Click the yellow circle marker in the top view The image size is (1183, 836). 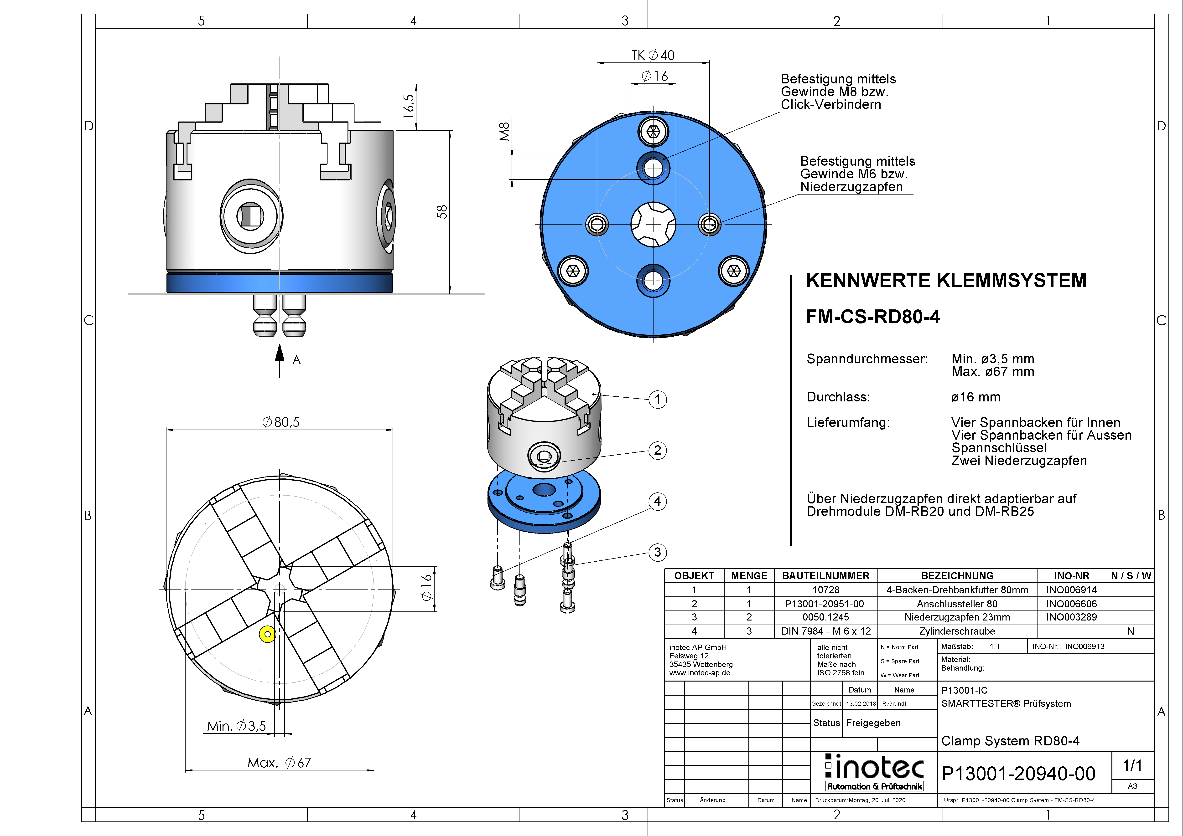click(267, 634)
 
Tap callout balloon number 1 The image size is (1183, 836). click(658, 399)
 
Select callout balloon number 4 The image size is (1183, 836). click(658, 501)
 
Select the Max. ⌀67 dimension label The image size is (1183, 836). click(279, 763)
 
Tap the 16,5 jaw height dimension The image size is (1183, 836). click(409, 106)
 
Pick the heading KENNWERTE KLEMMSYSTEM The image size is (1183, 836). click(946, 281)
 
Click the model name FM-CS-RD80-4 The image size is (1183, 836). click(873, 317)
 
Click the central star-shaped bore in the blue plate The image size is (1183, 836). click(653, 225)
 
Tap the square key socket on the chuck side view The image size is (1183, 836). click(251, 215)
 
